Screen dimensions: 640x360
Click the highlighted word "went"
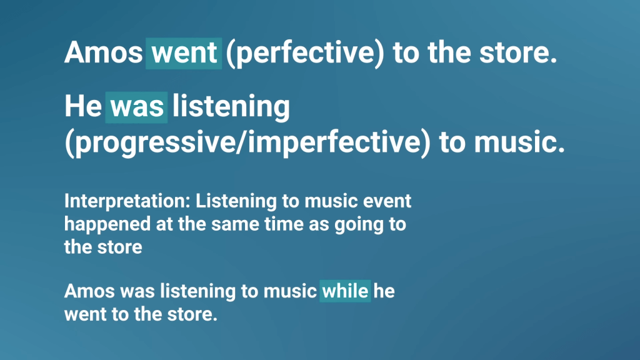(x=184, y=53)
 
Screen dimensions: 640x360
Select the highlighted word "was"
(x=136, y=107)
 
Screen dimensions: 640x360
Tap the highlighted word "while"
(x=345, y=291)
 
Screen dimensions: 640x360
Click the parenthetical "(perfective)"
(x=305, y=54)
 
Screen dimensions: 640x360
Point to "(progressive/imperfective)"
(x=247, y=142)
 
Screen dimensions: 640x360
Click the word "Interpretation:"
(x=127, y=201)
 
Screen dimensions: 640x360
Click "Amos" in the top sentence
(x=103, y=52)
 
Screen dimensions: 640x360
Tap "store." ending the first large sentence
(x=518, y=53)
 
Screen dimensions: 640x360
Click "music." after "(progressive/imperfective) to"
(x=519, y=142)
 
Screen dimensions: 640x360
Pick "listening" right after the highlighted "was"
(x=231, y=107)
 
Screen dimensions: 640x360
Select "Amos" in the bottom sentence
(x=89, y=291)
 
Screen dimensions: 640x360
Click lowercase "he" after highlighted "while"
(x=384, y=291)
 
